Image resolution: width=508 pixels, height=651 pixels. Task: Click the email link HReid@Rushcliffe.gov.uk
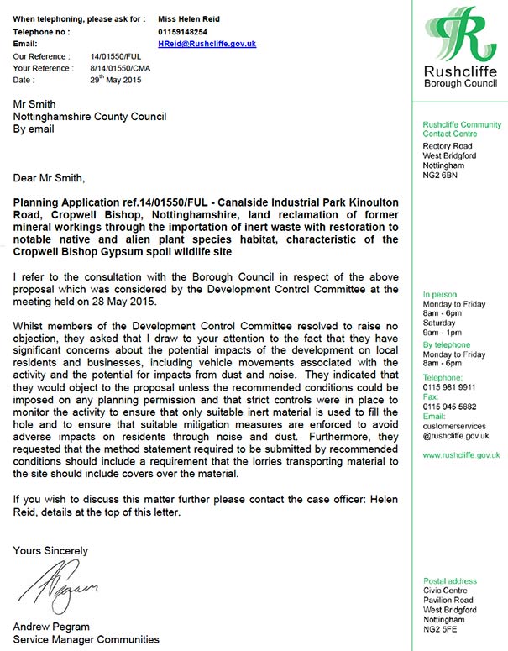[x=207, y=43]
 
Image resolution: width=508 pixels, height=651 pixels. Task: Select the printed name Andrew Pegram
[x=51, y=627]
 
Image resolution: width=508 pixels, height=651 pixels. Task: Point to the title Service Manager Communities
[x=86, y=639]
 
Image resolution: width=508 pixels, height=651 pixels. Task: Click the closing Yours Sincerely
[x=50, y=550]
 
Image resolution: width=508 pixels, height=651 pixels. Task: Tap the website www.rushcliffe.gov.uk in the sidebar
[x=461, y=454]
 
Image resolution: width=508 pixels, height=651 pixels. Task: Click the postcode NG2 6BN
[x=441, y=176]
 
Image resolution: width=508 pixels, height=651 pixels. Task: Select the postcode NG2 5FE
[x=441, y=630]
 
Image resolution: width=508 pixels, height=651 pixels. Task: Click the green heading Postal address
[x=450, y=580]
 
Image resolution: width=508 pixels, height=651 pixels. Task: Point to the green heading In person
[x=441, y=295]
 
